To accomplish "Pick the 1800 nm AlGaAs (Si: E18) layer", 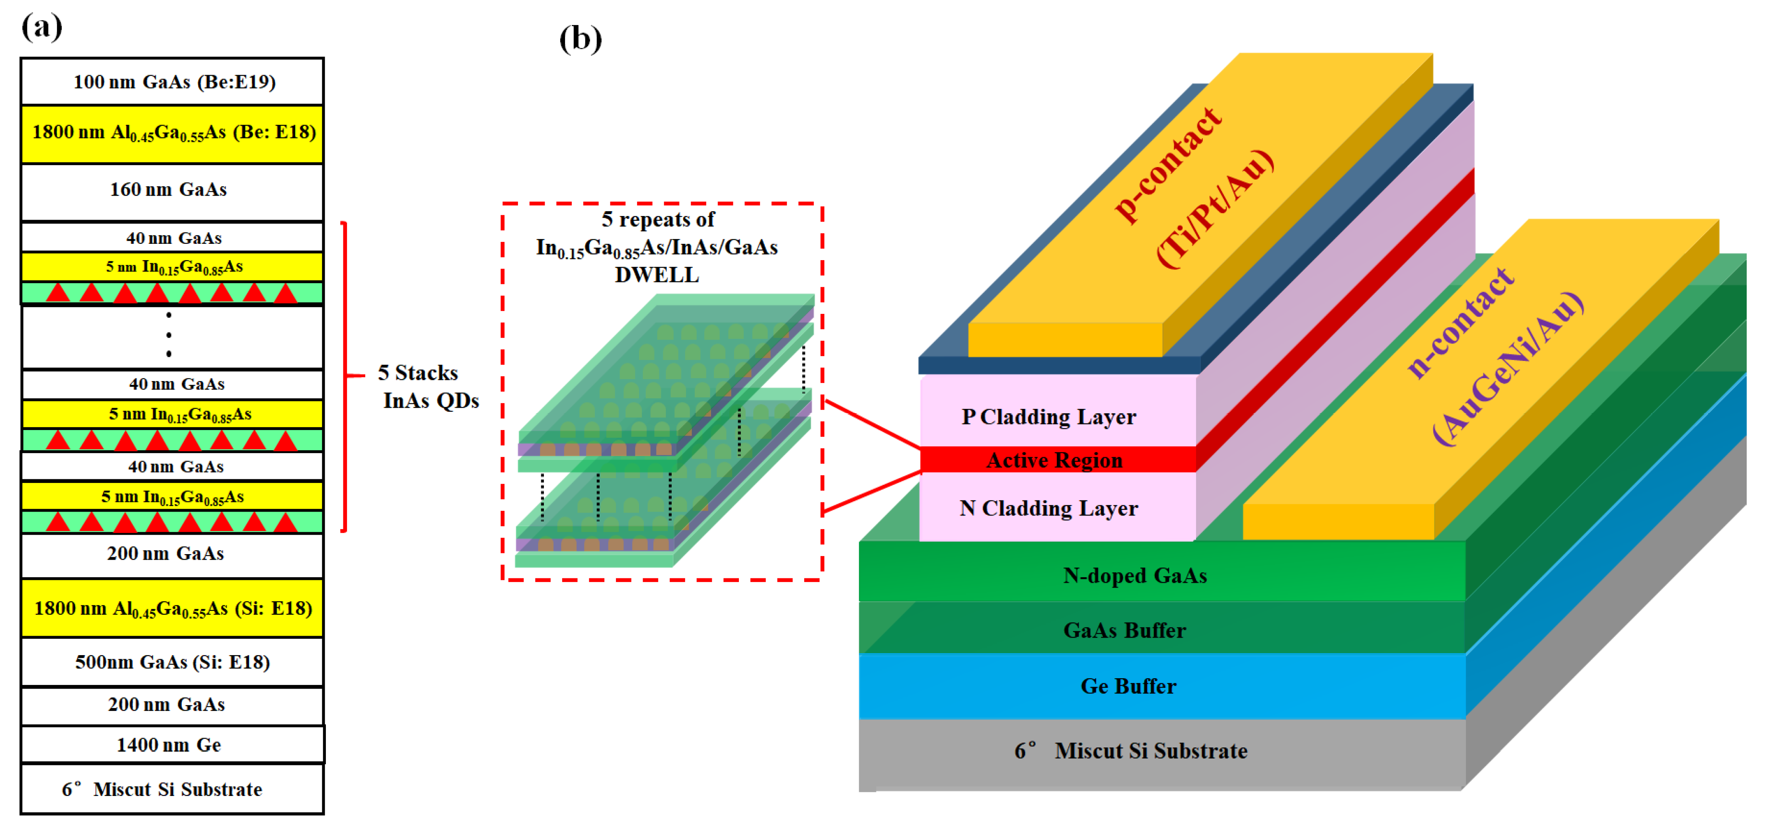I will (x=173, y=608).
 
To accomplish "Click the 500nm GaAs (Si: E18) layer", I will (x=172, y=662).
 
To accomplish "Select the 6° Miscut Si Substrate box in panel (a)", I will (x=163, y=789).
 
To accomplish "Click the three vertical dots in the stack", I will (x=169, y=335).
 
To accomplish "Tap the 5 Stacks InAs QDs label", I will (x=429, y=387).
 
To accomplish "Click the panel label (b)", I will (x=580, y=39).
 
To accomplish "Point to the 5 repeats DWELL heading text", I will (x=657, y=247).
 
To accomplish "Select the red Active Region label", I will (x=1054, y=460).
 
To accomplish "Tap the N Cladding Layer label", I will (x=1048, y=508).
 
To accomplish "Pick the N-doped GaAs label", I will (x=1134, y=575).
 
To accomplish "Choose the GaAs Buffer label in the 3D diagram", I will (x=1124, y=630).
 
